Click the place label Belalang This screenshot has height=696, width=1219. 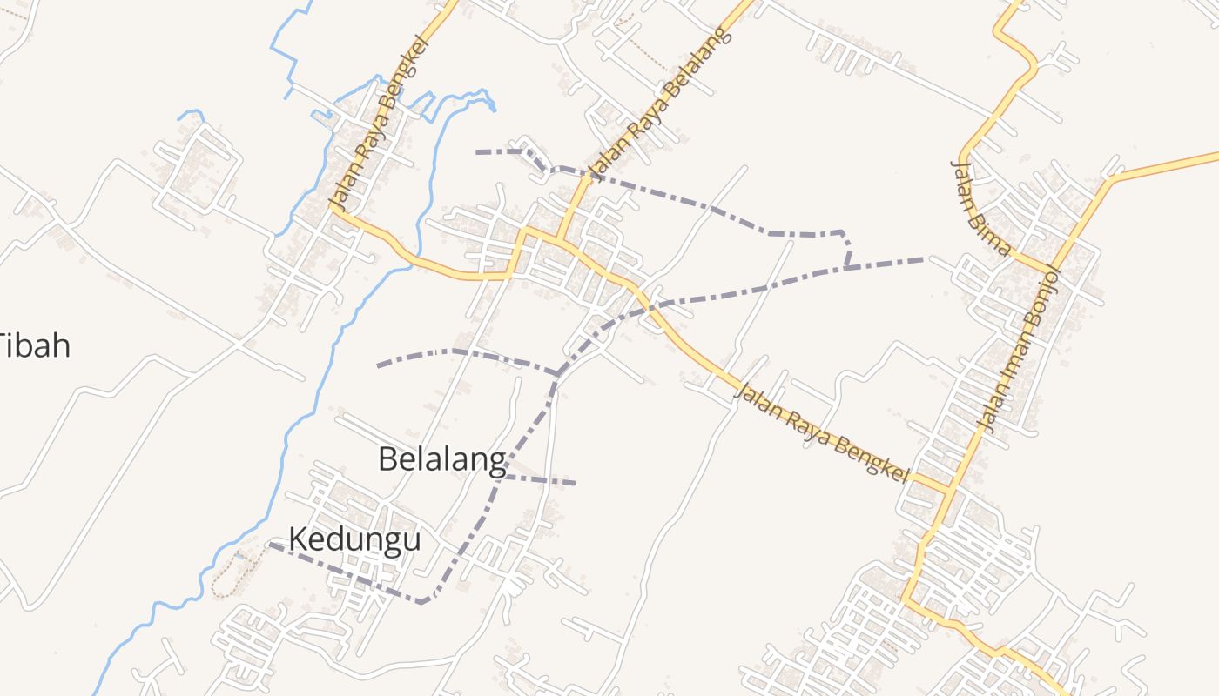click(441, 459)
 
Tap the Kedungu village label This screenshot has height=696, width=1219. click(354, 539)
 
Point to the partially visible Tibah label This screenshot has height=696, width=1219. click(35, 346)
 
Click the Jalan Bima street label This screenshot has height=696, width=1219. click(980, 207)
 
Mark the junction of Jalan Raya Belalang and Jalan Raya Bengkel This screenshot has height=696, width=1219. click(558, 237)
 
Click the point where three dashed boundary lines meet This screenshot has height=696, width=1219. click(557, 374)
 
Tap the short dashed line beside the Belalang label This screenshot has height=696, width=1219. click(540, 479)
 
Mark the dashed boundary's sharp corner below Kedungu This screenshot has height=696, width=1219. click(422, 601)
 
